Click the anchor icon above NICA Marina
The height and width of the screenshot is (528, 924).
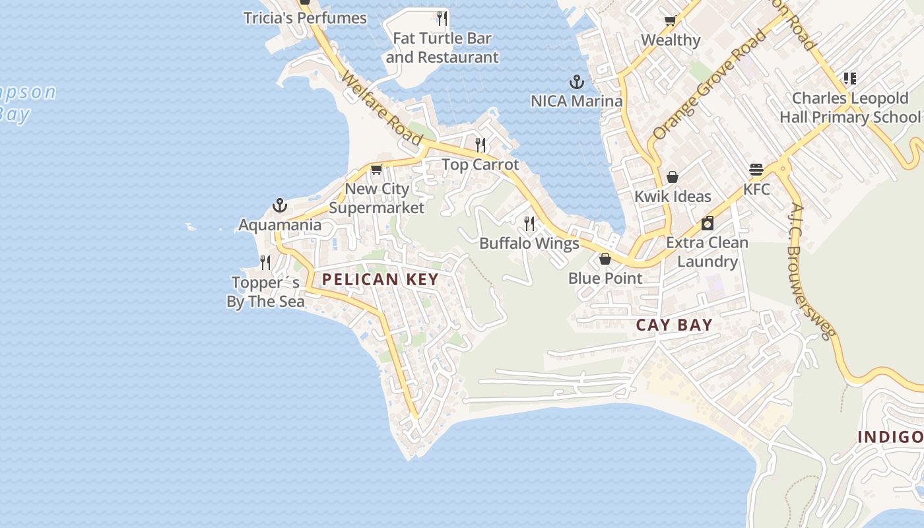(577, 82)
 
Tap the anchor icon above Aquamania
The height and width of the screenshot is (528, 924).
(280, 205)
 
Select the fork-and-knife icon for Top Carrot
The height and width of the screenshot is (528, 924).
(480, 145)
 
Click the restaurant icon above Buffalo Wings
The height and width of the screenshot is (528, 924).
(529, 224)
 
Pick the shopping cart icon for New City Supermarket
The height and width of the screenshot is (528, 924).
(376, 169)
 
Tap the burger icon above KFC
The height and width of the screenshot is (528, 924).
(756, 170)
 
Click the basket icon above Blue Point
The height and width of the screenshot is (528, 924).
(605, 259)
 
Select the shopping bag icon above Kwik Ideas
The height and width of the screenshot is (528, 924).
(673, 177)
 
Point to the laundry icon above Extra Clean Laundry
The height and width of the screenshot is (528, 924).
(708, 223)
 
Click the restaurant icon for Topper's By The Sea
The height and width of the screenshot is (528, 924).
(265, 263)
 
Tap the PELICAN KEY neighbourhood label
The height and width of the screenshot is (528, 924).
(380, 279)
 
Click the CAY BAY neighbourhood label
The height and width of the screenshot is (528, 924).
(674, 325)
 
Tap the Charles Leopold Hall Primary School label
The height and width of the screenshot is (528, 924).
(850, 108)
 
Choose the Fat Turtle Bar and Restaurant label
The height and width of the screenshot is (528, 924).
(442, 48)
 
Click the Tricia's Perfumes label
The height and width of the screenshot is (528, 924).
(305, 18)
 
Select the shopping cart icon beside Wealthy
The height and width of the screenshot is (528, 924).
(671, 20)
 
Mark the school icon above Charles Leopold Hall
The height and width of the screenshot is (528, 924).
(849, 79)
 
